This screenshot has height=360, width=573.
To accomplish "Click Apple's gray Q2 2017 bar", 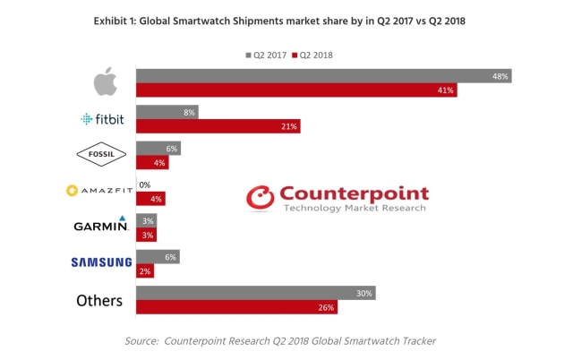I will pos(323,76).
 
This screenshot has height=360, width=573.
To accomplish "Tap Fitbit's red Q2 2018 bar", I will pos(218,126).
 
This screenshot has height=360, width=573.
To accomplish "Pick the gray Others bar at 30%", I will pos(255,293).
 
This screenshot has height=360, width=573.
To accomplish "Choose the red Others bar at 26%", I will pos(236,307).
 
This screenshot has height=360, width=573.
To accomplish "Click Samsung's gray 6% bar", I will pos(158,256).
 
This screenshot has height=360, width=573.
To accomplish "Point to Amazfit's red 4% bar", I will pos(150,199).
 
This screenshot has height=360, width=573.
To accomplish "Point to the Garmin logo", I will pos(100,226).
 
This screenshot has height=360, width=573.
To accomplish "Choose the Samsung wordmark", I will pos(101,262).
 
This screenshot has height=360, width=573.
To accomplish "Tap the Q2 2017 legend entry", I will pos(264,55).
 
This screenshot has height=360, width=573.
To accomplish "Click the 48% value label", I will pos(500,76).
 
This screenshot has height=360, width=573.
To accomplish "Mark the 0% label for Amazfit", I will pos(144,184).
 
